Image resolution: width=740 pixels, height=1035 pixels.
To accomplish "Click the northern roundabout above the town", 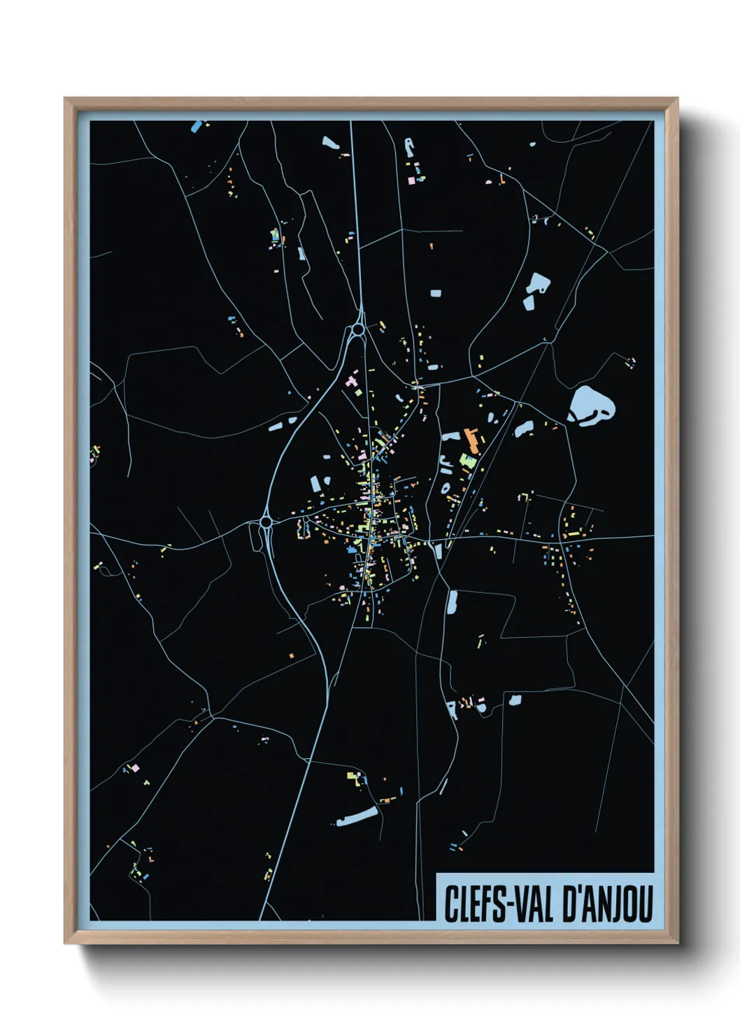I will (x=358, y=328).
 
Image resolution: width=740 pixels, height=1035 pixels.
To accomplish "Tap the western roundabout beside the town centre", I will (x=266, y=522).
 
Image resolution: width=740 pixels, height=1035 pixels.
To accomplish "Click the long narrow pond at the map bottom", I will (x=357, y=815).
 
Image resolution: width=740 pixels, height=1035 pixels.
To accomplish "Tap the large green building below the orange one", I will (x=467, y=460).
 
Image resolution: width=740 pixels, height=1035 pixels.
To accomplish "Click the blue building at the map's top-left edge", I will (x=197, y=127).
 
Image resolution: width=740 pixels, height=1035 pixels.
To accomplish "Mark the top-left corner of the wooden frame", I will (x=66, y=99).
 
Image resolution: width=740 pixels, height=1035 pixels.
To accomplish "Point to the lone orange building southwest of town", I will (x=292, y=655).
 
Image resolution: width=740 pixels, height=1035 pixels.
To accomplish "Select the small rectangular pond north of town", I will (x=436, y=294).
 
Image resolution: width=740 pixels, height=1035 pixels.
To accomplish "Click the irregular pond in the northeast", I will (x=536, y=288).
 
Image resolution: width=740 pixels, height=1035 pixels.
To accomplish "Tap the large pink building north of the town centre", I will (x=351, y=382).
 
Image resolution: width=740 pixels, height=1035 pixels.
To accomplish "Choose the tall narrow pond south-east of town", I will (x=452, y=602).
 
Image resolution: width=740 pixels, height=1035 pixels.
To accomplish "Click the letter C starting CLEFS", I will (x=452, y=904).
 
